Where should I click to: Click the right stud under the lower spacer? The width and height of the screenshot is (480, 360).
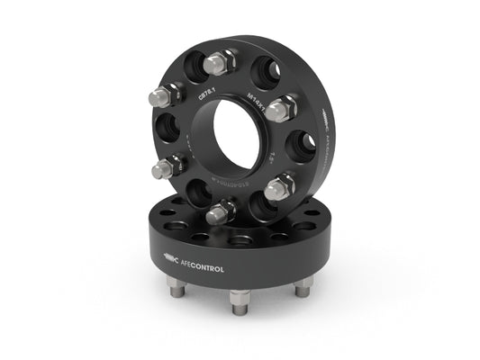(303, 286)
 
